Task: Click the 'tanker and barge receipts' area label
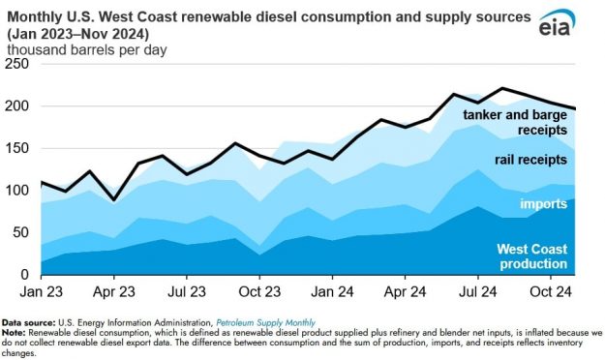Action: click(x=511, y=123)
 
